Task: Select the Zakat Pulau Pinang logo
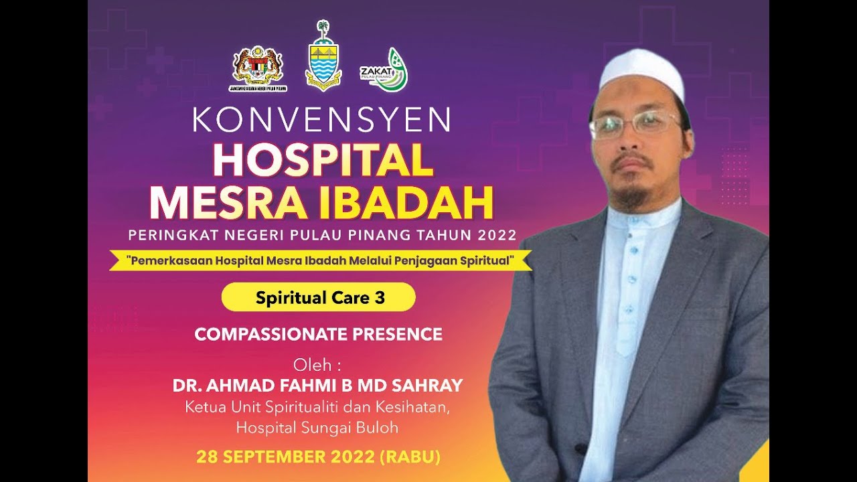tap(384, 70)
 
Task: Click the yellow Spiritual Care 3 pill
tap(319, 298)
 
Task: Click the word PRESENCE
tap(401, 334)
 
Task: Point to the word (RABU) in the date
tap(410, 458)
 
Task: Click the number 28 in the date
tap(206, 458)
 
